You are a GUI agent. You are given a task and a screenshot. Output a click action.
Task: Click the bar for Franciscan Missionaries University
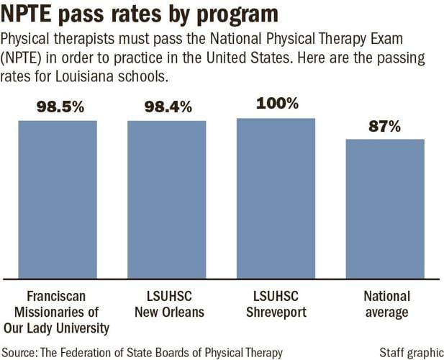[58, 199]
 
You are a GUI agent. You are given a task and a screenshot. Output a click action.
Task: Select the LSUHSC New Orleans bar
[167, 199]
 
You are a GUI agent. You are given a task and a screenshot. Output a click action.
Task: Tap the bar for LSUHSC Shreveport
[276, 197]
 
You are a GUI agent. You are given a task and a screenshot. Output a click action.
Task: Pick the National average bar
[385, 208]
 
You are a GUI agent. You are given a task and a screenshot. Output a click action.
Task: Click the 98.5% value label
[60, 108]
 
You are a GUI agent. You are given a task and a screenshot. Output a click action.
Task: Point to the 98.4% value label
[168, 108]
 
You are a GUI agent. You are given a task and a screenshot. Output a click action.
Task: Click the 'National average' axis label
[386, 304]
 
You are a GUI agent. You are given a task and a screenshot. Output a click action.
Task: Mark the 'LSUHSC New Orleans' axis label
[167, 304]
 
